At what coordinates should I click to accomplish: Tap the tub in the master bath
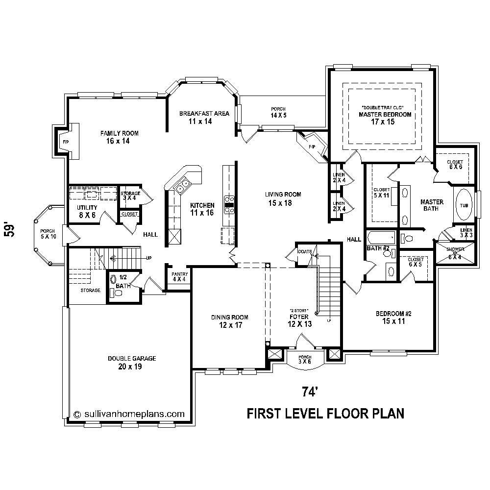(x=463, y=205)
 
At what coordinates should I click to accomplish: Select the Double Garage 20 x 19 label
(x=132, y=363)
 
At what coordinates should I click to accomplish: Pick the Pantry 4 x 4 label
(x=178, y=277)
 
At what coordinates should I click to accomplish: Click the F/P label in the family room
(x=65, y=142)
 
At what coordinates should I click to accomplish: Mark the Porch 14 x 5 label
(x=278, y=112)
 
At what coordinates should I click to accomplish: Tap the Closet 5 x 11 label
(x=382, y=193)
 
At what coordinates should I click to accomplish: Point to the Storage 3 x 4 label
(x=130, y=196)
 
